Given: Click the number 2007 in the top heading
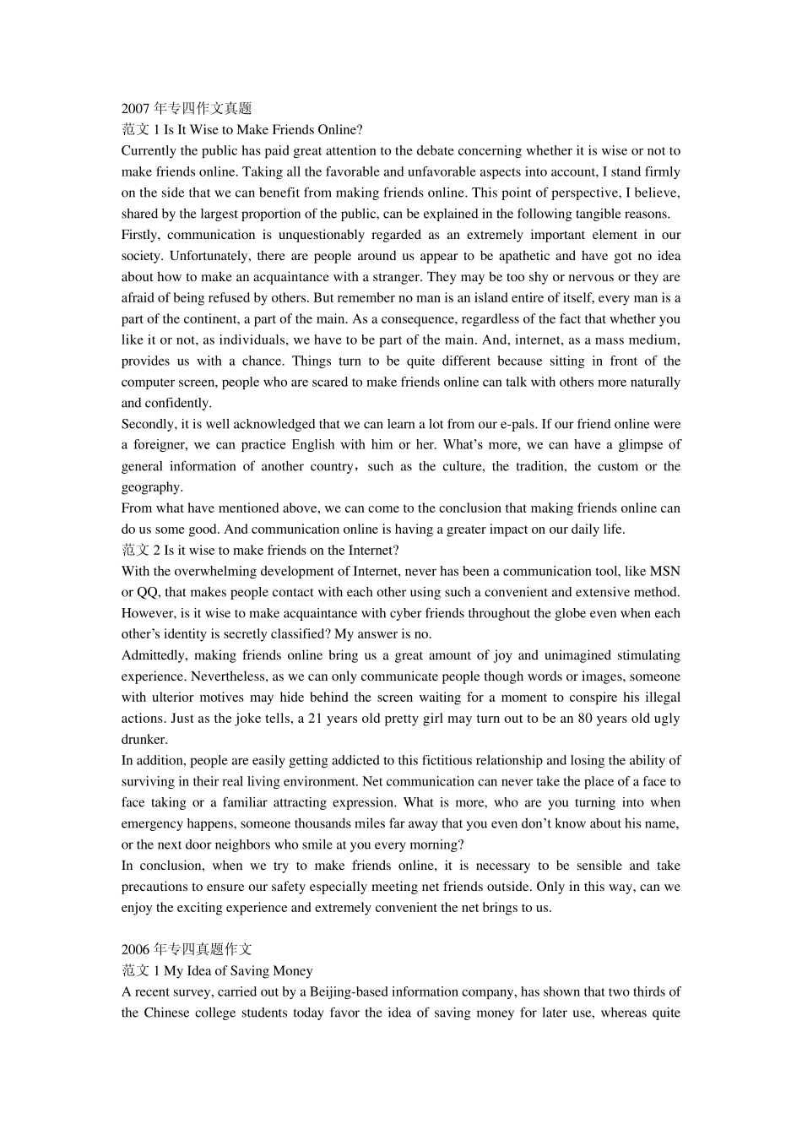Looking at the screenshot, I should click(x=135, y=109).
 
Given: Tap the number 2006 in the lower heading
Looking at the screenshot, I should click(x=135, y=950).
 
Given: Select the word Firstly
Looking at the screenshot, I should click(x=140, y=235).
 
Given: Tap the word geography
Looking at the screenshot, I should click(x=151, y=487).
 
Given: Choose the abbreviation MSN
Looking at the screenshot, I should click(x=664, y=572).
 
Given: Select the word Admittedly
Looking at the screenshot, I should click(x=153, y=655).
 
